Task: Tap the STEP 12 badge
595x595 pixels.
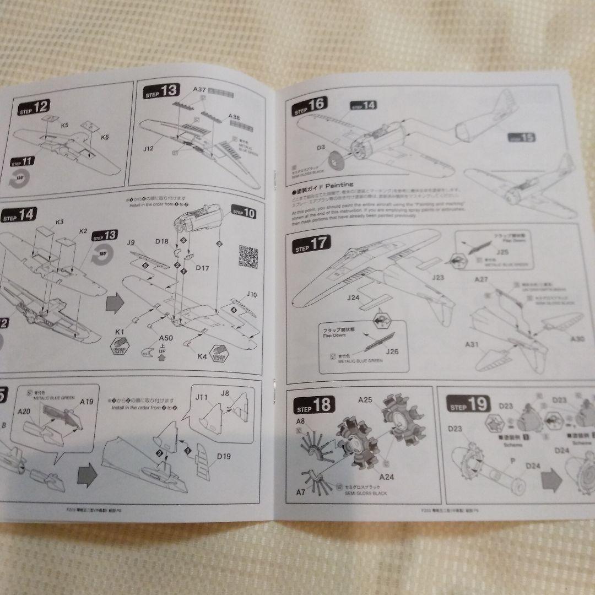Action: pyautogui.click(x=34, y=107)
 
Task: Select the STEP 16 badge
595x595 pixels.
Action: pyautogui.click(x=311, y=106)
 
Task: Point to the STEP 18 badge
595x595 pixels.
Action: pyautogui.click(x=316, y=406)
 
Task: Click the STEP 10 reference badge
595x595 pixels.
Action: pyautogui.click(x=244, y=211)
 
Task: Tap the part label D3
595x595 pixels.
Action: pyautogui.click(x=321, y=148)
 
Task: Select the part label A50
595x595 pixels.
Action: pyautogui.click(x=166, y=338)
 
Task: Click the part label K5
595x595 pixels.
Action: pyautogui.click(x=65, y=126)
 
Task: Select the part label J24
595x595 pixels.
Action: pyautogui.click(x=354, y=298)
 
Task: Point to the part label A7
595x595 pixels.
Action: pyautogui.click(x=300, y=491)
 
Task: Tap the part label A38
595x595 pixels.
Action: pyautogui.click(x=235, y=117)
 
